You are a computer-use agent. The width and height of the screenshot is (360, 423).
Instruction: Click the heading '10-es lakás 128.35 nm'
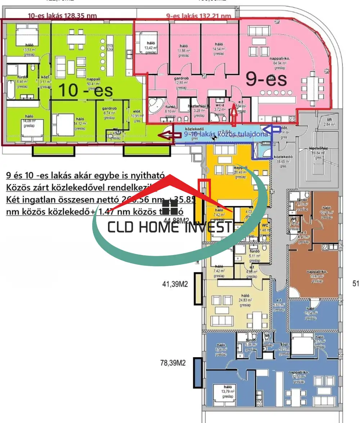coord(62,15)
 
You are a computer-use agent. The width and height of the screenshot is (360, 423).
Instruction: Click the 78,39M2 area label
coord(173,363)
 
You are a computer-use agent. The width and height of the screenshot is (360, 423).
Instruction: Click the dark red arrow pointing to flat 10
coord(171,135)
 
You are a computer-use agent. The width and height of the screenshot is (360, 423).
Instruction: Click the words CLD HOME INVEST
coord(170,227)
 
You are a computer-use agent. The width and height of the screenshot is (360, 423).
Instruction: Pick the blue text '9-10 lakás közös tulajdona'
coord(226,134)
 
